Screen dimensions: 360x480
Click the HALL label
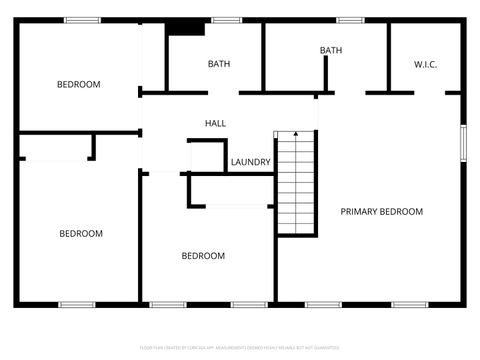pos(215,123)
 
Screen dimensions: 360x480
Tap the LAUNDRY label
pos(250,162)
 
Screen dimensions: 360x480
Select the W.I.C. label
pos(425,65)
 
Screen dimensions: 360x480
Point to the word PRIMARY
pos(361,212)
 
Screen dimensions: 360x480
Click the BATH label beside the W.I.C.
pos(330,50)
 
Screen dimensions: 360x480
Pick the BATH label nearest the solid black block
pos(218,65)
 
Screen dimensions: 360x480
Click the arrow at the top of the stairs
pos(295,135)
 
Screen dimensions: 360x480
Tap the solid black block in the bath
pos(185,28)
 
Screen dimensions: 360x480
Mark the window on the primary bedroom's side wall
pos(462,140)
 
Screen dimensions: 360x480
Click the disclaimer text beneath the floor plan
pos(240,348)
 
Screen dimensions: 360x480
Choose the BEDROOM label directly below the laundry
pos(203,256)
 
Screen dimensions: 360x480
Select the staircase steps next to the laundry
pos(296,185)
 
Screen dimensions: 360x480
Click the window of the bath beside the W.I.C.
pos(350,19)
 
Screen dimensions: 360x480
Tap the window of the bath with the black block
pos(226,19)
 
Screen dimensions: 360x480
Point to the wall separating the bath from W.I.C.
pos(388,56)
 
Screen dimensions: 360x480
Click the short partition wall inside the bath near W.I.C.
pos(326,74)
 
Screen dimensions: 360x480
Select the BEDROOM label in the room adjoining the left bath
pos(78,85)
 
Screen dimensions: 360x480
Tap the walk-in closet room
pos(425,55)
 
